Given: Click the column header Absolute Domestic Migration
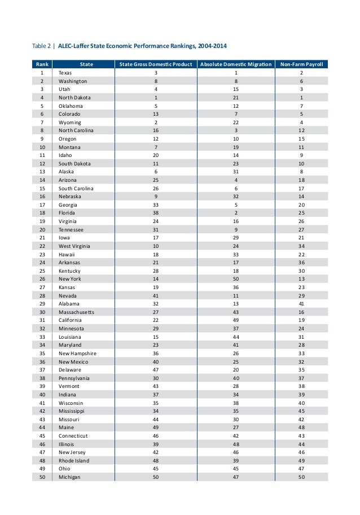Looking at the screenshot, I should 235,64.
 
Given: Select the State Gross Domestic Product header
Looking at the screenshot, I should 155,64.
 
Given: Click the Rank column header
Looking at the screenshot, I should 42,64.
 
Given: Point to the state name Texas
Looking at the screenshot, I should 65,73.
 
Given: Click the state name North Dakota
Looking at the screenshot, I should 74,98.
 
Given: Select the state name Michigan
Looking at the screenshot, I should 69,477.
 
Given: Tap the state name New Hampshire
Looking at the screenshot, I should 77,353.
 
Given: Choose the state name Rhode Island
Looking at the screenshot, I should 74,461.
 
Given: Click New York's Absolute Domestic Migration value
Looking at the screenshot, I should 236,280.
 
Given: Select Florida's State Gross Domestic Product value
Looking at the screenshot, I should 156,213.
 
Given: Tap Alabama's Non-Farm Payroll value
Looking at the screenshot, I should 301,304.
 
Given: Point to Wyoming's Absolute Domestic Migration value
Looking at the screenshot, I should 236,123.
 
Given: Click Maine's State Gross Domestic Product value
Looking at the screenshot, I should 156,428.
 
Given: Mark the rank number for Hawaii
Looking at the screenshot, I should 42,255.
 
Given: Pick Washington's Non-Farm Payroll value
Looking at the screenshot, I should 302,81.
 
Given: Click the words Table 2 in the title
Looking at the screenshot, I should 41,46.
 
